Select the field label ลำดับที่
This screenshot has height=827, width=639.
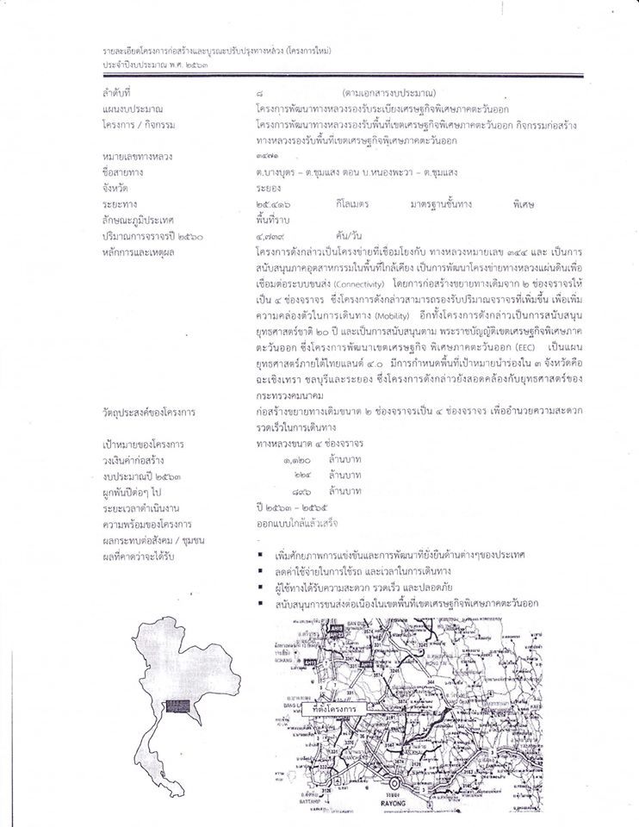coord(118,91)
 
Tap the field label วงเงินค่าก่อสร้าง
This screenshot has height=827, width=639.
coord(138,460)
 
